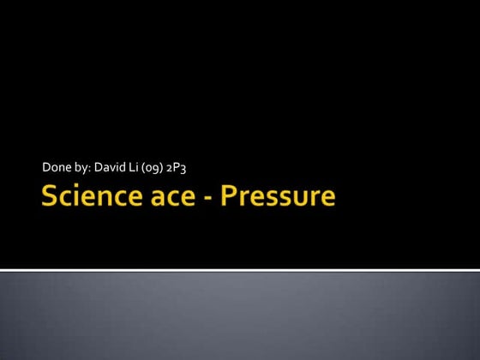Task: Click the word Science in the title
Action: tap(90, 197)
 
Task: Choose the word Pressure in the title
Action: tap(274, 197)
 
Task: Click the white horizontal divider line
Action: tap(240, 270)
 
